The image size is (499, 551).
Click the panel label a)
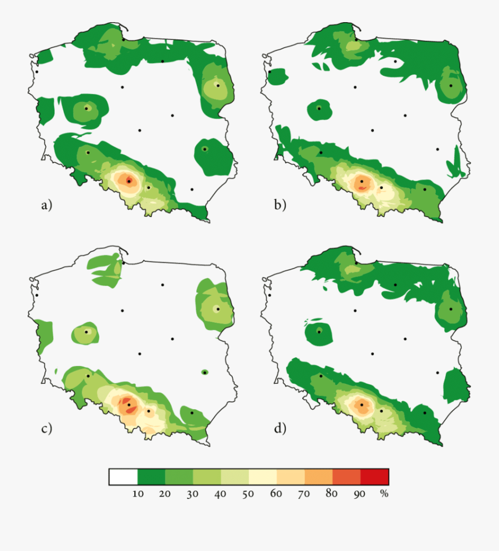tap(46, 205)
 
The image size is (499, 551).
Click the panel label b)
tap(280, 205)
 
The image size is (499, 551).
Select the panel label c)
tap(46, 428)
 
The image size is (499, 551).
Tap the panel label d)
tap(280, 428)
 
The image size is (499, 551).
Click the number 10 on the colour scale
tap(137, 494)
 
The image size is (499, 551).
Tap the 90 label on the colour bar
tap(360, 494)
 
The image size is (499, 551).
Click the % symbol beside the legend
tap(384, 494)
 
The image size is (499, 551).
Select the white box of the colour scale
tap(123, 477)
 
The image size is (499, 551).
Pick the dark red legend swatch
tap(375, 477)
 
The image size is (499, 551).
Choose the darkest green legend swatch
tap(151, 477)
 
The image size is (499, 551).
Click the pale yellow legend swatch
tap(263, 477)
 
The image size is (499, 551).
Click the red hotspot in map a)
tap(129, 181)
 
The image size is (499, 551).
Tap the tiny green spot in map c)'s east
tap(205, 372)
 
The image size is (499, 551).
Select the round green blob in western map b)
tap(319, 109)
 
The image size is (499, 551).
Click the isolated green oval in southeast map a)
tap(212, 157)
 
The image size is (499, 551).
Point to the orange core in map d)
tap(361, 405)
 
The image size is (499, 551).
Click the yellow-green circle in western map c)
tap(86, 333)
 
